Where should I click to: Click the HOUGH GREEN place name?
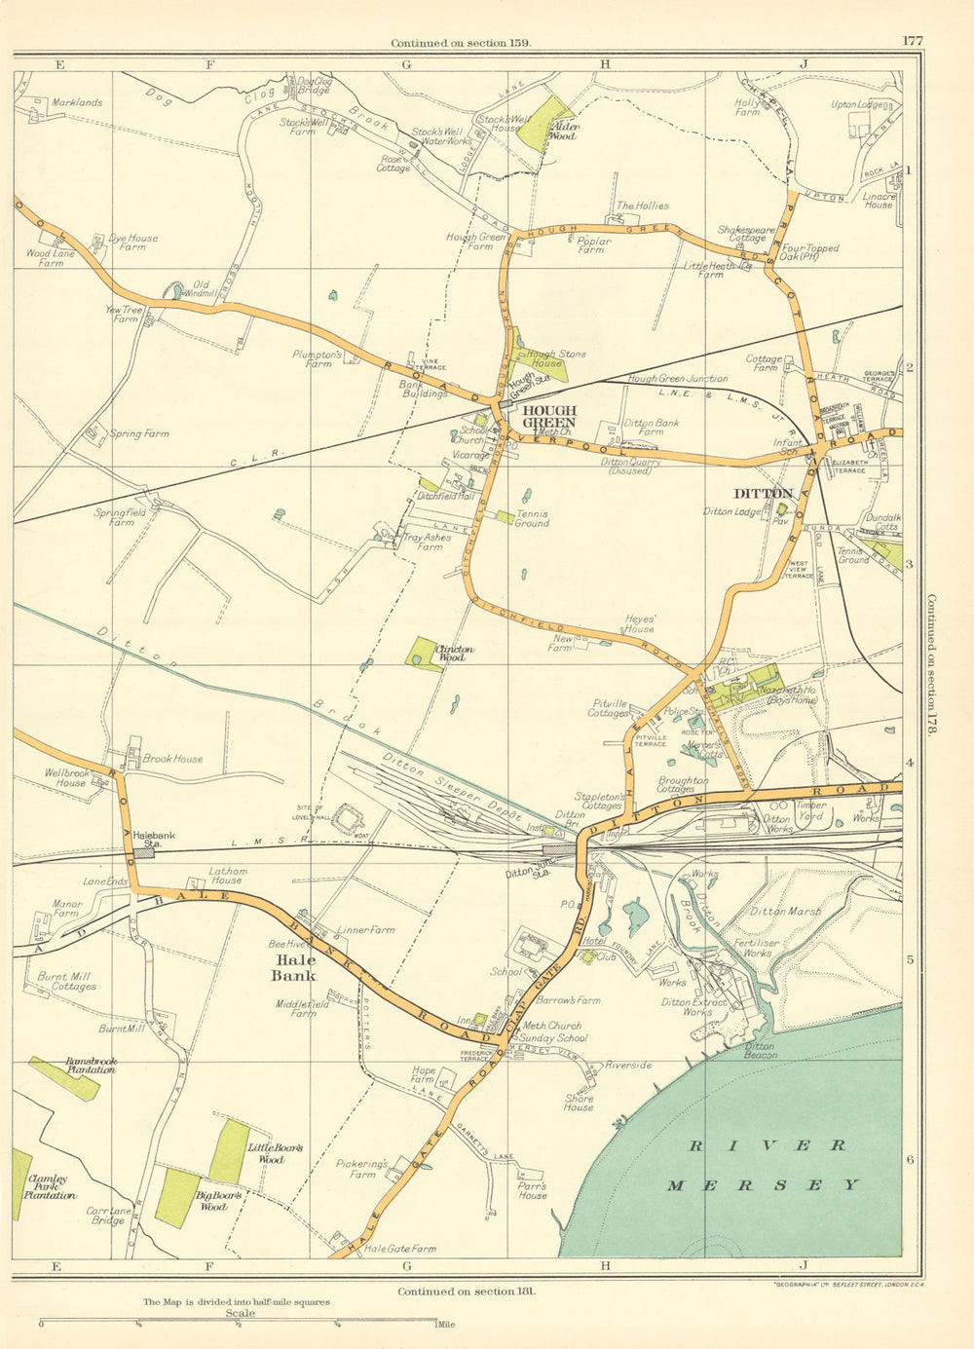[x=548, y=417]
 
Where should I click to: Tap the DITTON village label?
[x=765, y=494]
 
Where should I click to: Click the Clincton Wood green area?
[x=424, y=654]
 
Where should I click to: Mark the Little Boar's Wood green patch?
[x=229, y=1151]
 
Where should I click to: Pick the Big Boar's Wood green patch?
[x=178, y=1197]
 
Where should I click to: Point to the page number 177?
[x=912, y=41]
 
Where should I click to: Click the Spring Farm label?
[x=138, y=433]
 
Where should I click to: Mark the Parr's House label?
[x=532, y=1191]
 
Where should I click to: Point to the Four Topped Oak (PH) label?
[x=808, y=253]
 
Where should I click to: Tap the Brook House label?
[x=172, y=758]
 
